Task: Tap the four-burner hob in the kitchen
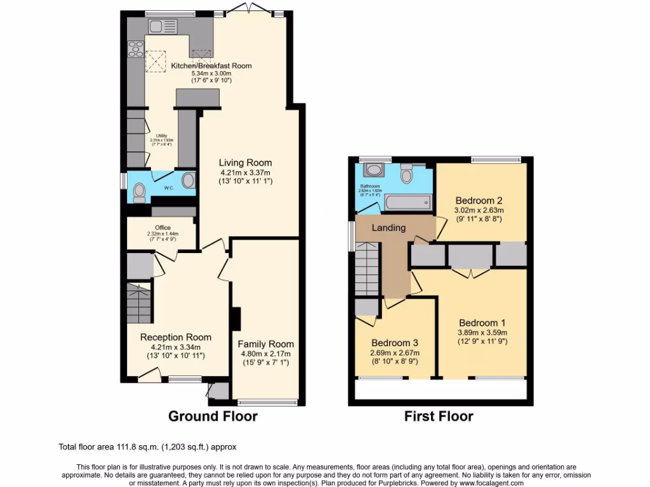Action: coord(135,48)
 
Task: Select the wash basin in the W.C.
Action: coord(188,181)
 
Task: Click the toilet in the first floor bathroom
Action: coord(407,171)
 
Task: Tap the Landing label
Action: coord(388,228)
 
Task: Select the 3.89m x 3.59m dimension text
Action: coord(482,332)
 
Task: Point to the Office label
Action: coord(163,228)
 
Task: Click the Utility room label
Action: coord(161,136)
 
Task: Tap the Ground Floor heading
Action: coord(213,417)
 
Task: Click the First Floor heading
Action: coord(439,417)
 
